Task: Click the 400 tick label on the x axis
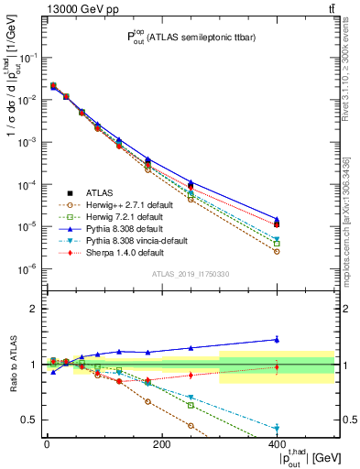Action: point(277,444)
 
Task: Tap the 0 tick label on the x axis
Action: point(47,444)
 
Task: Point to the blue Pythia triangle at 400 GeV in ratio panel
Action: point(277,339)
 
